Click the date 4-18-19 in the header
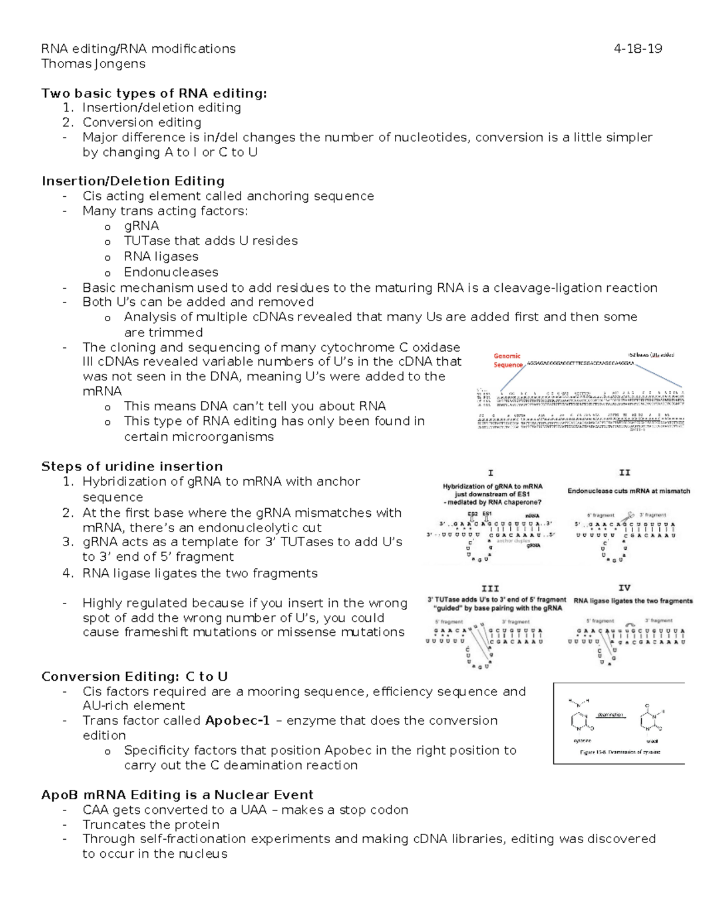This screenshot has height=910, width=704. pyautogui.click(x=638, y=49)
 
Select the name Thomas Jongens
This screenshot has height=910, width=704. pyautogui.click(x=93, y=63)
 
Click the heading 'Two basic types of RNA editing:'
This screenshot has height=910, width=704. pyautogui.click(x=154, y=93)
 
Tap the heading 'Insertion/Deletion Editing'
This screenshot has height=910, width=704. pyautogui.click(x=133, y=181)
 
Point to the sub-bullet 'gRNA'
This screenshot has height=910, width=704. pyautogui.click(x=141, y=226)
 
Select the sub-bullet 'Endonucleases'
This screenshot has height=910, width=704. pyautogui.click(x=171, y=272)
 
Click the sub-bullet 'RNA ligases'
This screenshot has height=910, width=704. pyautogui.click(x=161, y=256)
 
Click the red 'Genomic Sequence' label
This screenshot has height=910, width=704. pyautogui.click(x=507, y=360)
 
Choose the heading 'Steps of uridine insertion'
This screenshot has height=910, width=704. pyautogui.click(x=132, y=466)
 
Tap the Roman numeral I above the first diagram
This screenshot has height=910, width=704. pyautogui.click(x=490, y=472)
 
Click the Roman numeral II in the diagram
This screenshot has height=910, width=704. pyautogui.click(x=624, y=472)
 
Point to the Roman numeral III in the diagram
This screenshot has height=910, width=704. pyautogui.click(x=490, y=588)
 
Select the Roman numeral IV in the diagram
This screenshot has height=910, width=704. pyautogui.click(x=624, y=588)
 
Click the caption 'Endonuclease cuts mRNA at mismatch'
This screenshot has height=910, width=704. pyautogui.click(x=628, y=491)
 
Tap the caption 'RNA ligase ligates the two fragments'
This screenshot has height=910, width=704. pyautogui.click(x=632, y=601)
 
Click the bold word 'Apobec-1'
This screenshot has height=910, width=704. pyautogui.click(x=238, y=720)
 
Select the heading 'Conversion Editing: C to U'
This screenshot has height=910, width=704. pyautogui.click(x=134, y=676)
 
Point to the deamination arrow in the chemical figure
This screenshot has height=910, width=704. pyautogui.click(x=610, y=718)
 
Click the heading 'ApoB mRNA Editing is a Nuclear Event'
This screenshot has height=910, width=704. pyautogui.click(x=177, y=795)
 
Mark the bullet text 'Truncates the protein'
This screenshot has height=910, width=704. pyautogui.click(x=151, y=824)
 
